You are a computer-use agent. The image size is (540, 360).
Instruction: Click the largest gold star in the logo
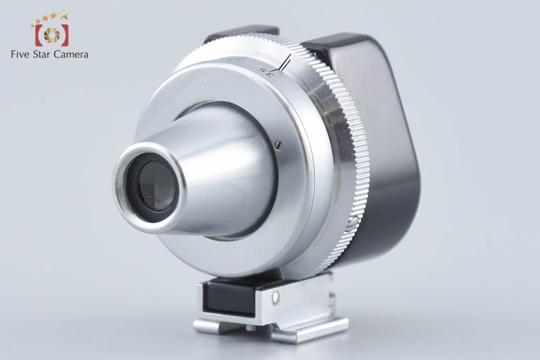point(63,14)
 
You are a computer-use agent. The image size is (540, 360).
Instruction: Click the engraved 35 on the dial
point(264,70)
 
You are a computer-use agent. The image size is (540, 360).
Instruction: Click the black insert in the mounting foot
point(227,295)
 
